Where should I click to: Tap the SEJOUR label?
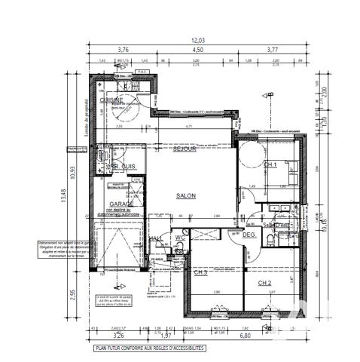point(184,149)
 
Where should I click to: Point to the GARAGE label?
point(122,204)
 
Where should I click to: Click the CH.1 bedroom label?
point(270,164)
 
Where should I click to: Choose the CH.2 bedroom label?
point(265,283)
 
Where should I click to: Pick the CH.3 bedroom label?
point(200,272)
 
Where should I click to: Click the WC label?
point(179,238)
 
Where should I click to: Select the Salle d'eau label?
point(276,225)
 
